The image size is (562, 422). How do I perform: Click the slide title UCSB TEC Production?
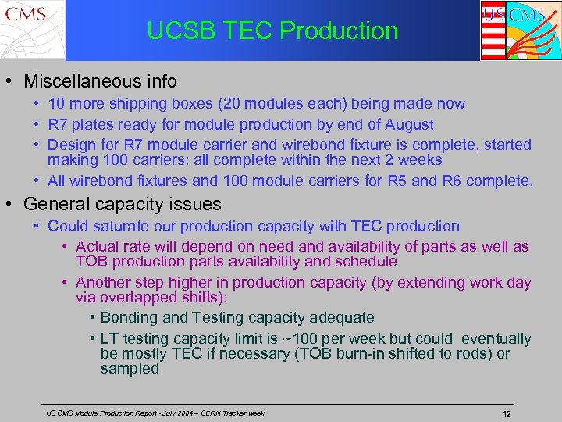272,30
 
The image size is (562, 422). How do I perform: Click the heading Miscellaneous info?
100,81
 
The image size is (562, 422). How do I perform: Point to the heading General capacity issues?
122,205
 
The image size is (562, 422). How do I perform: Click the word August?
410,124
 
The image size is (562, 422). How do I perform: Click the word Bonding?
128,318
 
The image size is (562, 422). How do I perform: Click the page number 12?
506,413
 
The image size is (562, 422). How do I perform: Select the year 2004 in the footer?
173,413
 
